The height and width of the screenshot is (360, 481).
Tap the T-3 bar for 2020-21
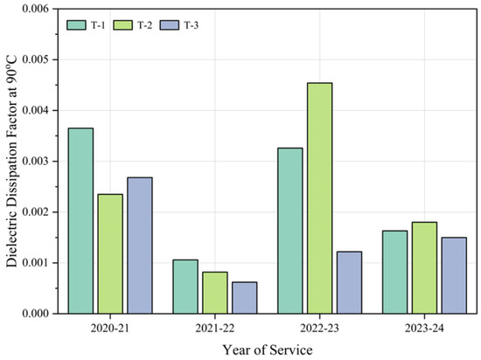coord(138,245)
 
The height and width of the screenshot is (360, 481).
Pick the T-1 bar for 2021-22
coord(185,286)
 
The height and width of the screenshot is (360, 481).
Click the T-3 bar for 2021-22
coord(243,297)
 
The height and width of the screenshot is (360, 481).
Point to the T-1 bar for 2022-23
coord(289,230)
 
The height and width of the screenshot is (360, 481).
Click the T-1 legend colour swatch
coord(78,24)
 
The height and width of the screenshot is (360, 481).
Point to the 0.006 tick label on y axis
coord(40,9)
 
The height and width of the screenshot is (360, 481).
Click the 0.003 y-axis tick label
coord(40,161)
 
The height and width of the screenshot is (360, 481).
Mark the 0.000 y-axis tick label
coord(40,313)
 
